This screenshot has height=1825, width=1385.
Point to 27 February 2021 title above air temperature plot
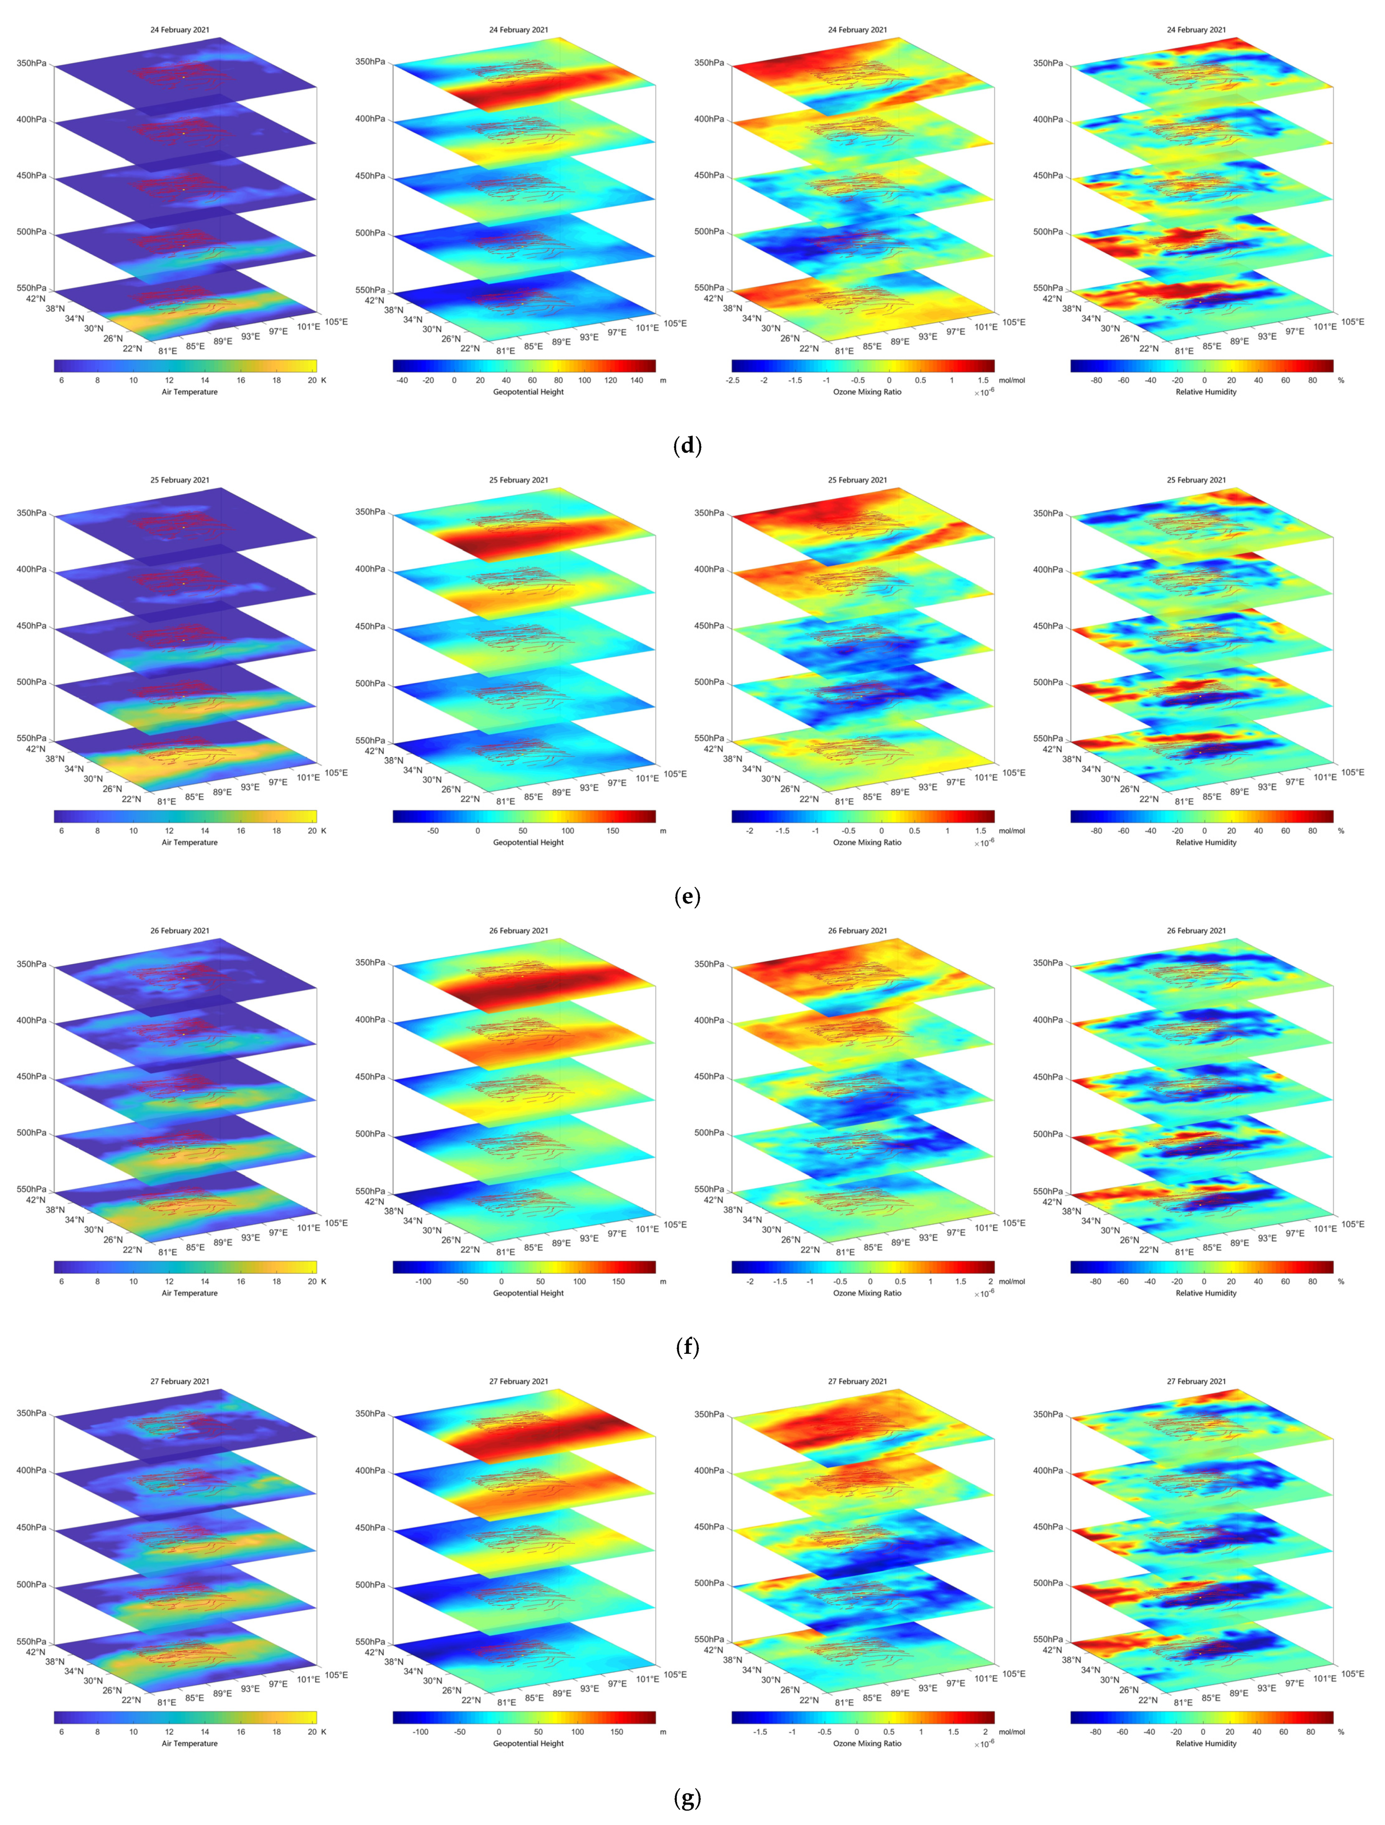[179, 1381]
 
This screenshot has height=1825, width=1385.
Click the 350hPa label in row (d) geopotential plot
[370, 62]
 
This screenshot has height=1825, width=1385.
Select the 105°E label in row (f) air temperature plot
[336, 1223]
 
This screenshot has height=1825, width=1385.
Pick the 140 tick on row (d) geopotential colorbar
[636, 381]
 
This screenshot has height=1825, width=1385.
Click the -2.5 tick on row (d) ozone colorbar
[732, 381]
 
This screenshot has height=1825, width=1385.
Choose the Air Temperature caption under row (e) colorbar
[189, 842]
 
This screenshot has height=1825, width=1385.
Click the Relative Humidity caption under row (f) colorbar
[1205, 1293]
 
